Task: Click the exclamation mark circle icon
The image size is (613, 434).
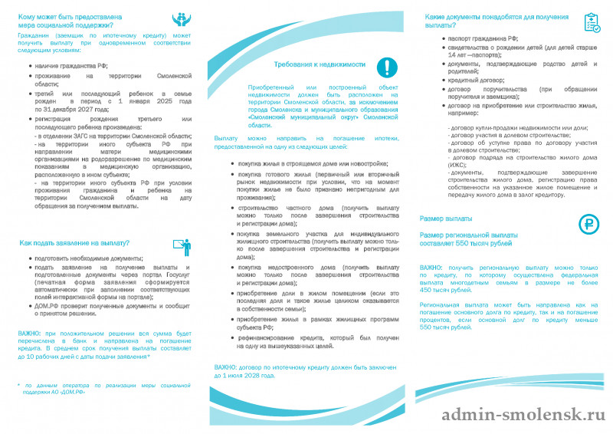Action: pos(386,67)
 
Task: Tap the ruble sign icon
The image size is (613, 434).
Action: pos(588,224)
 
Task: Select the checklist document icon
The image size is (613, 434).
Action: pos(592,23)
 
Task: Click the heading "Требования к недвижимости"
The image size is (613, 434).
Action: pos(320,65)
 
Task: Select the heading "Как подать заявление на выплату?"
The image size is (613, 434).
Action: pos(74,243)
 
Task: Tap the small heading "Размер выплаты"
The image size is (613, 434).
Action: pos(446,219)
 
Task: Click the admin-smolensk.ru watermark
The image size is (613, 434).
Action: pos(524,415)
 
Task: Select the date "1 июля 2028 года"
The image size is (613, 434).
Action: pos(250,376)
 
